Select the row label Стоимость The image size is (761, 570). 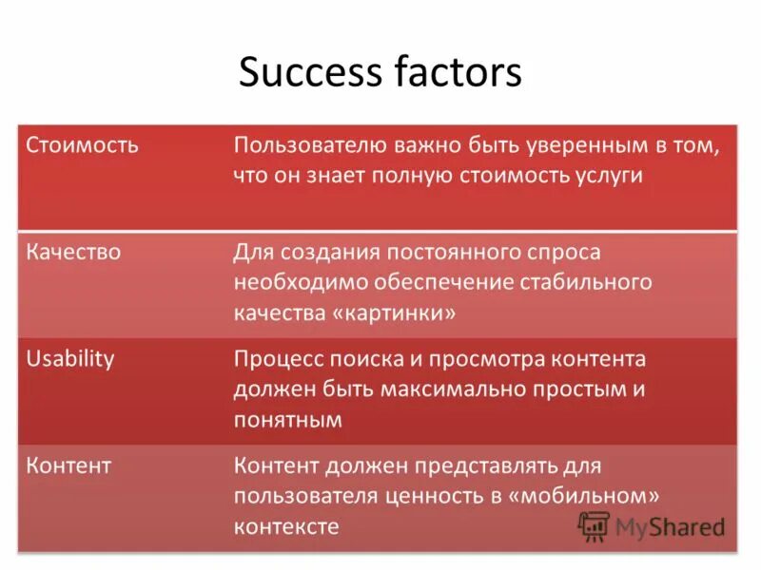pos(83,146)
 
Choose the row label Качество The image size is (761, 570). pos(74,253)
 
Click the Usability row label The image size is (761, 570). pos(70,359)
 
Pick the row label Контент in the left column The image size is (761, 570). pos(69,465)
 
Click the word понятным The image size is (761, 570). pos(288,420)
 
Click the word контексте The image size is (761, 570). pos(286,526)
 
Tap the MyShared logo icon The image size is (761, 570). pos(595,525)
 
